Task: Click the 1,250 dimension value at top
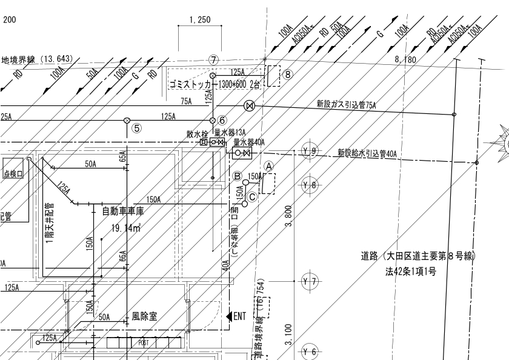click(199, 20)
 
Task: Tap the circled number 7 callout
click(213, 59)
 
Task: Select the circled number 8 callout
click(288, 75)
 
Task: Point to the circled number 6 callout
click(222, 120)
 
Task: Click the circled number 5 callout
click(138, 128)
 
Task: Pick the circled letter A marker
click(270, 164)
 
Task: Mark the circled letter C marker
click(253, 196)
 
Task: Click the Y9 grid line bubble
click(310, 151)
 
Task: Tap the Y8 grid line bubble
click(310, 185)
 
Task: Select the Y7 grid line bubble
click(310, 281)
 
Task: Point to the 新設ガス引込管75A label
click(347, 105)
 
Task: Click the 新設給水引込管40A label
click(367, 153)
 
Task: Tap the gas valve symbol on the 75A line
click(248, 107)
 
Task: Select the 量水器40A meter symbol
click(242, 153)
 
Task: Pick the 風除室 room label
click(145, 316)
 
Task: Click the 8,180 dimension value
click(405, 59)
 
